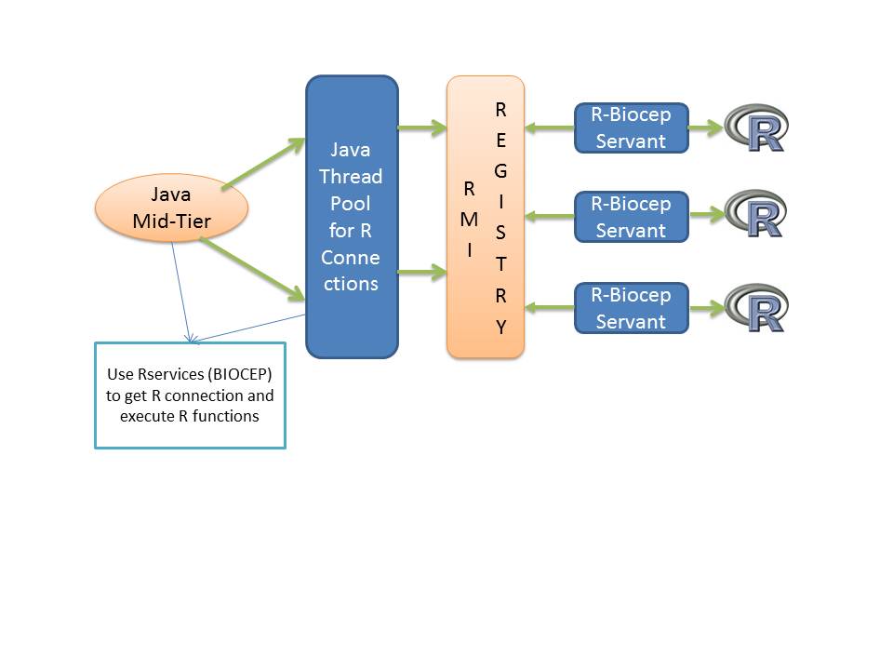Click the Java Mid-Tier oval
171,208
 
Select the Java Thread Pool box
352,216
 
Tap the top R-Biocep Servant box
631,128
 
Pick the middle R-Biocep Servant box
631,217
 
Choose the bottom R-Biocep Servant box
631,308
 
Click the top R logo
756,128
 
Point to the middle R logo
756,215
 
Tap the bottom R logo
756,308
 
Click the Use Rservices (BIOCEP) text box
190,395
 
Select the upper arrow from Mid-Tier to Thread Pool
264,164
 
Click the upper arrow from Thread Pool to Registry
422,128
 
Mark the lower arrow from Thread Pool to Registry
422,273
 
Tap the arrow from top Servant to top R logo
705,128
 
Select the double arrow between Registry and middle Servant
550,216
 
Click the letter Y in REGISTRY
500,328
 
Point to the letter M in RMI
469,220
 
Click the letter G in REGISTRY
500,171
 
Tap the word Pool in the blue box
351,203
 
